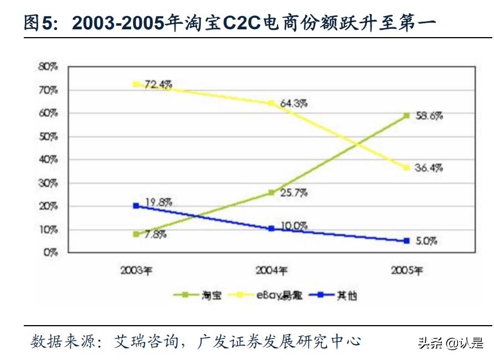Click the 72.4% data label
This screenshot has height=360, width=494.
point(158,85)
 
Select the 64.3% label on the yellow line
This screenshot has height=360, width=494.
point(295,104)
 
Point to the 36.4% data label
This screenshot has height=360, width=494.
point(429,168)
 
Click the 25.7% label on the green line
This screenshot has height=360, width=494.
point(295,193)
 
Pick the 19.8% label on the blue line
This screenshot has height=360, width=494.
point(158,202)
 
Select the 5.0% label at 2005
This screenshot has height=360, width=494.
point(426,241)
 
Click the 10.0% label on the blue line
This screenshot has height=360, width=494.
point(294,226)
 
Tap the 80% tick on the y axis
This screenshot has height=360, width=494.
point(48,66)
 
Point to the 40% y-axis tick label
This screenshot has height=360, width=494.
point(48,160)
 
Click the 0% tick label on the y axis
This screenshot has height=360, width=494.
point(50,253)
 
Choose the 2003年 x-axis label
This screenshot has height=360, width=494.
point(136,271)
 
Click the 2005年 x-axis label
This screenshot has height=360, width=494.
point(406,271)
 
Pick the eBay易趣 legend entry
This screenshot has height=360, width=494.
point(279,295)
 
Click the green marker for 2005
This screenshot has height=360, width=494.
point(406,115)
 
